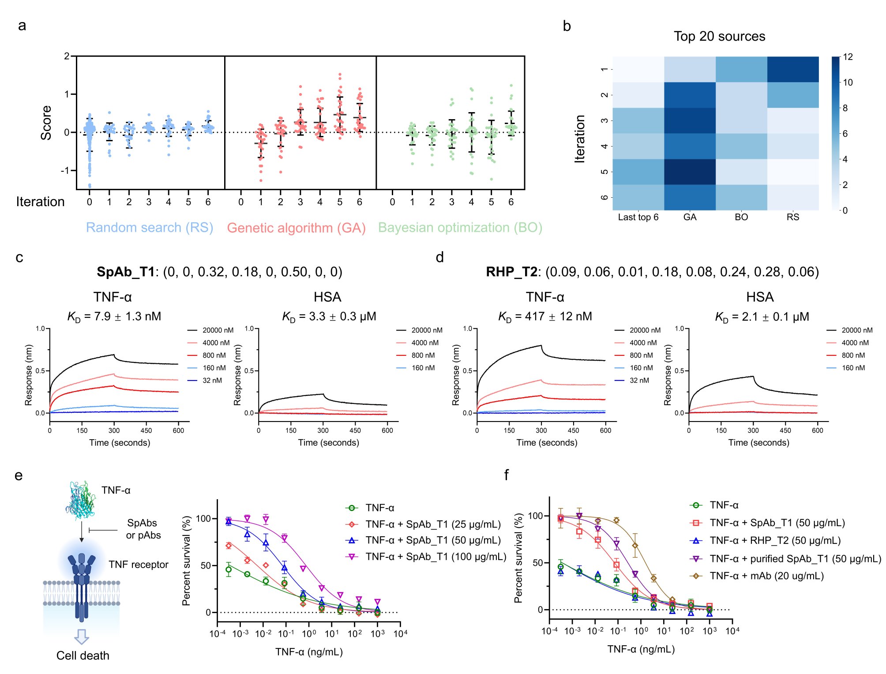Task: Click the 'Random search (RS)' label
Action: point(149,227)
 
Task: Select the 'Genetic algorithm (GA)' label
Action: point(296,228)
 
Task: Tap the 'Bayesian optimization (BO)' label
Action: point(460,227)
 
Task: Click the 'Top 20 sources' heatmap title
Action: point(719,36)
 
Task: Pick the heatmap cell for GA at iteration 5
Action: point(690,172)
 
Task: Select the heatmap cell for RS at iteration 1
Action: point(793,69)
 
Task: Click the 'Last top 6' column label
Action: point(638,217)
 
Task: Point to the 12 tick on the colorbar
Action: point(848,57)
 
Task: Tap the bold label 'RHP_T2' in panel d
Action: point(511,271)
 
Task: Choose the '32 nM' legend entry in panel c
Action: point(212,380)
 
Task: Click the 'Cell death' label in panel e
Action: point(83,655)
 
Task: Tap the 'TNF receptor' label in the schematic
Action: point(139,565)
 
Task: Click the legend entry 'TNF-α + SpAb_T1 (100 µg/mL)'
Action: point(435,557)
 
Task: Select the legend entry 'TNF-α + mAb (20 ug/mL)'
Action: point(766,576)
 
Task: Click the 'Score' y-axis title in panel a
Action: point(46,123)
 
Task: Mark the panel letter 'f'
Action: point(506,475)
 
